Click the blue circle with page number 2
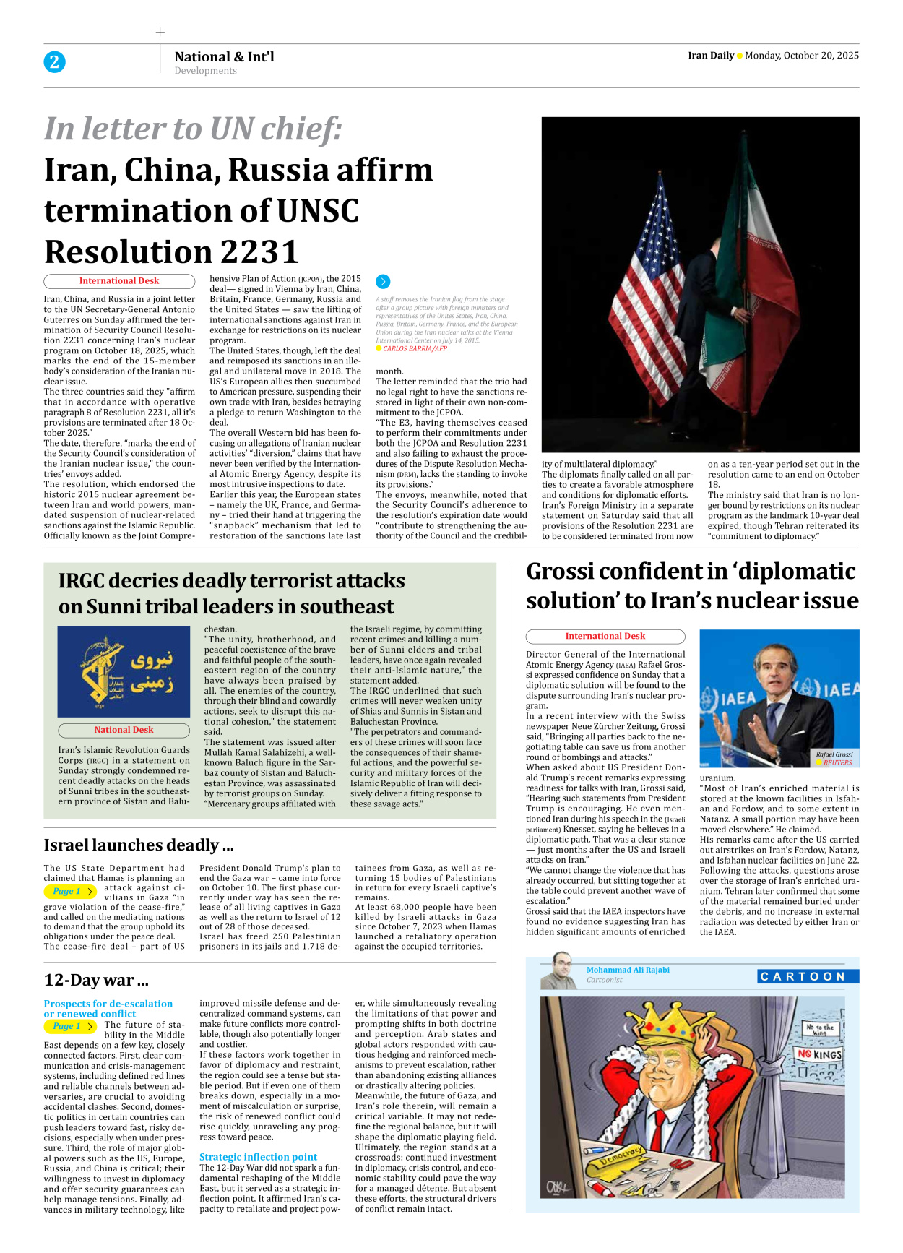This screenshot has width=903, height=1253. pyautogui.click(x=54, y=62)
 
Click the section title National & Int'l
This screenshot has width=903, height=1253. pyautogui.click(x=224, y=56)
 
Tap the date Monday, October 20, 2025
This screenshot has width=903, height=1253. pyautogui.click(x=801, y=56)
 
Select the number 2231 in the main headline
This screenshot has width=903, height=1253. pyautogui.click(x=260, y=252)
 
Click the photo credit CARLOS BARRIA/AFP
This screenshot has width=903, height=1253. pyautogui.click(x=415, y=348)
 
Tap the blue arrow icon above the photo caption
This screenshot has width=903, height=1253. pyautogui.click(x=383, y=282)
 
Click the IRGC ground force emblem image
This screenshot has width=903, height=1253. pyautogui.click(x=124, y=671)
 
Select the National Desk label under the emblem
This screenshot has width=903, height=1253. pyautogui.click(x=124, y=730)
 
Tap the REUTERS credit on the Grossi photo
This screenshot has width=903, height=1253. pyautogui.click(x=837, y=762)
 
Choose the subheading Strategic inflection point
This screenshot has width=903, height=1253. pyautogui.click(x=258, y=1157)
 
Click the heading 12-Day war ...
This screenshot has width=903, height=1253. pyautogui.click(x=95, y=981)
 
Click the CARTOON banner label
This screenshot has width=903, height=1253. pyautogui.click(x=807, y=976)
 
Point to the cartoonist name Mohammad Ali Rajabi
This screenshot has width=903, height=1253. pyautogui.click(x=628, y=970)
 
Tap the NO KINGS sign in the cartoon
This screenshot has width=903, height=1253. pyautogui.click(x=819, y=1054)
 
